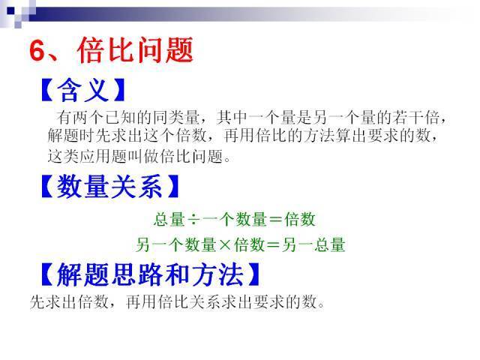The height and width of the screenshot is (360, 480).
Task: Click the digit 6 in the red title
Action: pyautogui.click(x=38, y=51)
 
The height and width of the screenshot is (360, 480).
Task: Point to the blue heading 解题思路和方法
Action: pyautogui.click(x=150, y=275)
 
